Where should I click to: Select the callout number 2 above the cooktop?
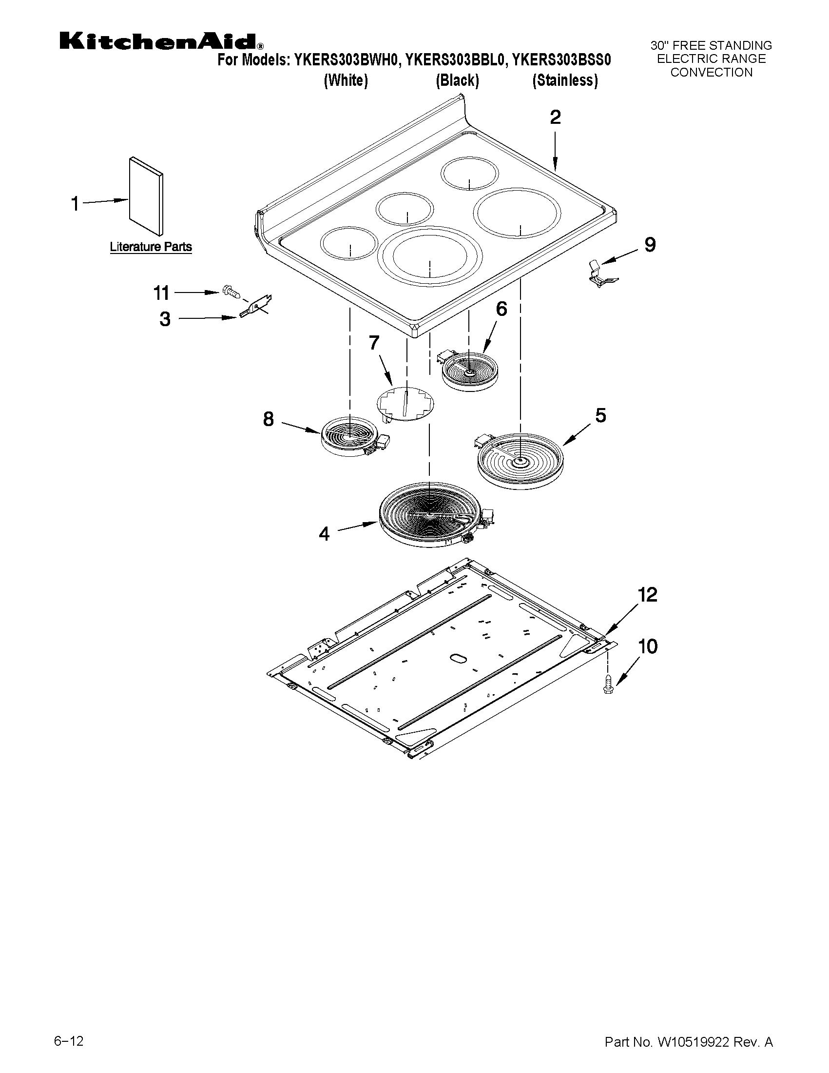click(555, 117)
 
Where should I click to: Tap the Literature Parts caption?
click(150, 247)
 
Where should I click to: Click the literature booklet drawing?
click(146, 196)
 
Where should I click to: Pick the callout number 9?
click(650, 244)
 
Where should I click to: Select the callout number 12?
click(647, 595)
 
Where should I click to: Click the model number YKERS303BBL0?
click(456, 60)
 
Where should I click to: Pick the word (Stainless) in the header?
click(565, 80)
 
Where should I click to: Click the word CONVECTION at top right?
click(711, 72)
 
